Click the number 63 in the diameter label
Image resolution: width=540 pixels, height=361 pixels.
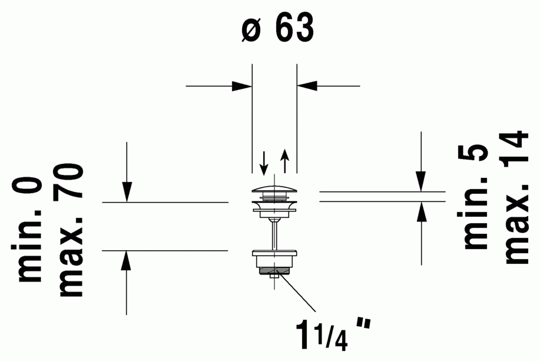coord(295,28)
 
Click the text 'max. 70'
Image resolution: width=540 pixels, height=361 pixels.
coord(71,230)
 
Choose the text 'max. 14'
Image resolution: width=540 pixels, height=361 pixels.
coord(516,197)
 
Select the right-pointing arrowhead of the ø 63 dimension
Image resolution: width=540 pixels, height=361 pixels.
coord(242,86)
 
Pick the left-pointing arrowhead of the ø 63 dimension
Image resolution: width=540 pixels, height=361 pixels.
coord(307,86)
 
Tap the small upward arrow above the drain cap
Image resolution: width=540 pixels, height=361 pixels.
coord(284,161)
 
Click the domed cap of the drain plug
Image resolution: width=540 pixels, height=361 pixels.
coord(274,189)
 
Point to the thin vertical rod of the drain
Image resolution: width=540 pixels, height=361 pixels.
coord(274,235)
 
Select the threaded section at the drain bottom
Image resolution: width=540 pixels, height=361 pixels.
coord(274,271)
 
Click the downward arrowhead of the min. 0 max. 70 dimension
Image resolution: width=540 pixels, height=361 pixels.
coord(127,191)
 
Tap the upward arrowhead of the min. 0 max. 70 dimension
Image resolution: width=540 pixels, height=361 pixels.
coord(127,261)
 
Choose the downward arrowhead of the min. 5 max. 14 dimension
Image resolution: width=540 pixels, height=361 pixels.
coord(421,181)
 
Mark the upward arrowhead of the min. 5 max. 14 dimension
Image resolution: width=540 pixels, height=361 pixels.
coord(421,212)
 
